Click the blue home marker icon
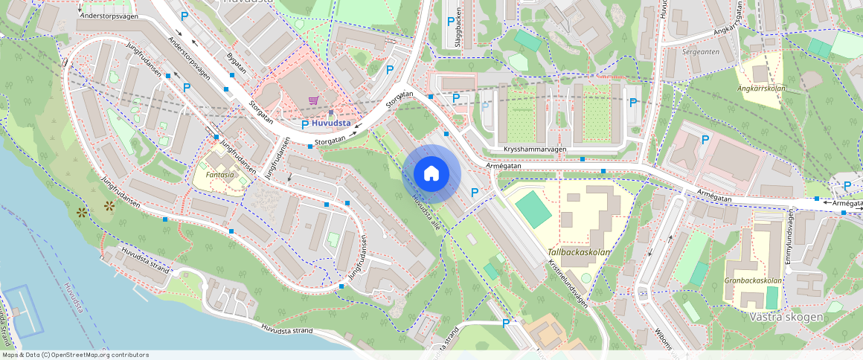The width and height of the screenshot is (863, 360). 431,174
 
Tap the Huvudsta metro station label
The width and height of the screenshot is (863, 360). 331,123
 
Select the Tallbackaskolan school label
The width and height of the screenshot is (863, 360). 579,252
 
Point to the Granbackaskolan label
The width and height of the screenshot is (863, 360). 753,281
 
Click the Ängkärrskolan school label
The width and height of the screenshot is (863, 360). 760,88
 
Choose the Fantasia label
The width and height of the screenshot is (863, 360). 219,175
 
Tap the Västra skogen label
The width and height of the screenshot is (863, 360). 786,317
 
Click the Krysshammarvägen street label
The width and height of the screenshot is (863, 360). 536,150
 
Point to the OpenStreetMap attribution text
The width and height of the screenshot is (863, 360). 74,355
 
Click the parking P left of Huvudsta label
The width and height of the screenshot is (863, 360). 304,123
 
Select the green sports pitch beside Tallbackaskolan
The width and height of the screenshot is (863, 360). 533,210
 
